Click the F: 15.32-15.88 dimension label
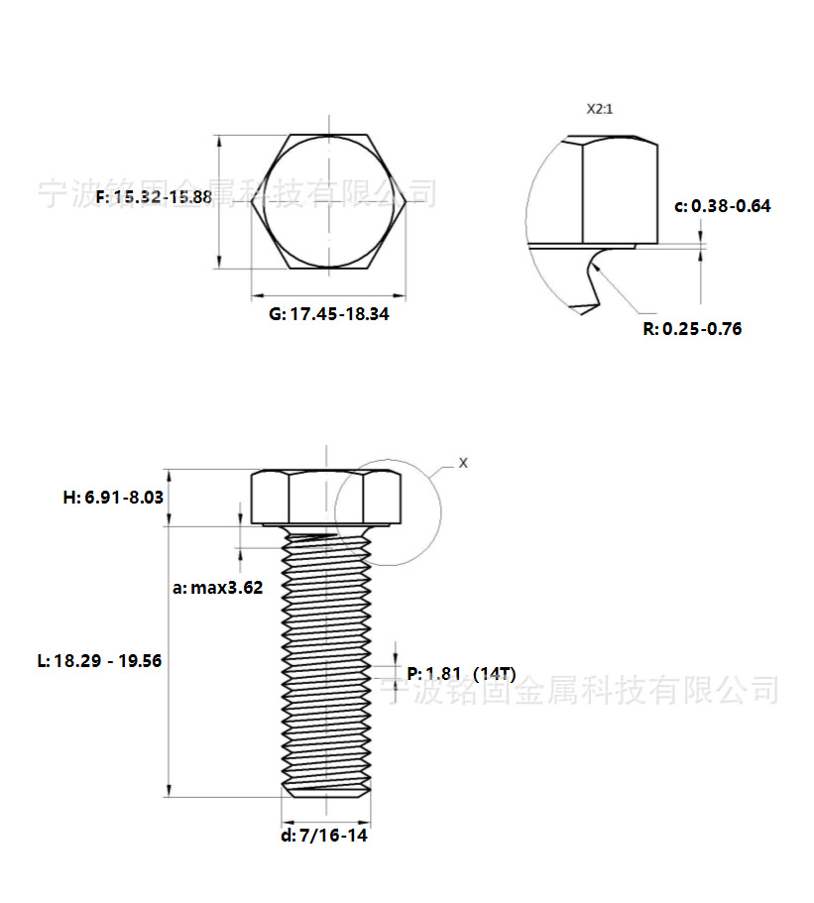[154, 197]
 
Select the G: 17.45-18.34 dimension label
[329, 314]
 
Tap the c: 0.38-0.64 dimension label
[723, 206]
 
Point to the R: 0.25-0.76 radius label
[692, 329]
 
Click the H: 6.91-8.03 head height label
[113, 497]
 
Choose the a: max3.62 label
[218, 588]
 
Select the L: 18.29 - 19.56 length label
[100, 660]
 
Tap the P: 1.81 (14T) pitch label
[461, 673]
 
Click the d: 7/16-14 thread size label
[324, 836]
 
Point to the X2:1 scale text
[600, 109]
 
